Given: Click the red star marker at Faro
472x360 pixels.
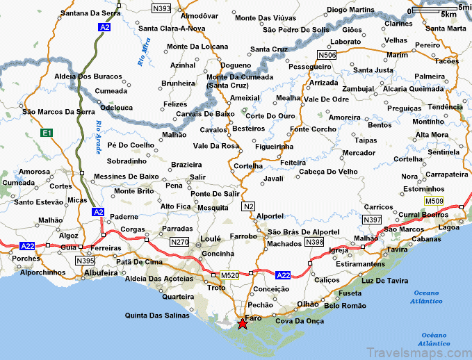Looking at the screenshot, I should [x=242, y=324].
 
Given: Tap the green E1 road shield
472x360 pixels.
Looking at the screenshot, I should [x=47, y=132].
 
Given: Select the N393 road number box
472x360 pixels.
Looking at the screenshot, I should [x=161, y=9].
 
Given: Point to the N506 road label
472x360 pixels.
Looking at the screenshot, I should [x=326, y=54].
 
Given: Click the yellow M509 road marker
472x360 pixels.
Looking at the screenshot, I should [x=434, y=201].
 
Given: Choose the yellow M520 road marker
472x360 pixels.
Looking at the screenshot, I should [x=230, y=275].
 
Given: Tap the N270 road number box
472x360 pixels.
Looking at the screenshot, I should [x=179, y=242].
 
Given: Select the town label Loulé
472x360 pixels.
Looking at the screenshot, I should [x=211, y=238].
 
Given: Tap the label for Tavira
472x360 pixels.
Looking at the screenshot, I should [x=398, y=249].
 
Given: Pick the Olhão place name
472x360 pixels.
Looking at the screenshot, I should [x=307, y=304].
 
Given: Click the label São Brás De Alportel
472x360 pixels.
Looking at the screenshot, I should [x=304, y=231].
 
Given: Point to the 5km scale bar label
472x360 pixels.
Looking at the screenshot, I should [x=449, y=14].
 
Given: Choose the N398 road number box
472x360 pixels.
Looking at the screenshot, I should [x=314, y=242].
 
